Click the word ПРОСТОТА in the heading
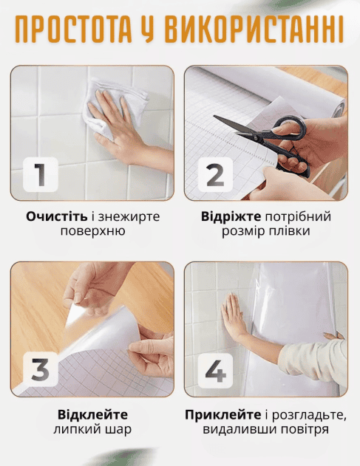(73, 29)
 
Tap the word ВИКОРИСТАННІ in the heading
(254, 29)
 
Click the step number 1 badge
(41, 174)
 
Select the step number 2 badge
(215, 174)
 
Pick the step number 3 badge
(41, 369)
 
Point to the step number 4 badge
(215, 370)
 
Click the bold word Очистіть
(56, 216)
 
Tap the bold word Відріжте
(231, 216)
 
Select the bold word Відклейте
(92, 414)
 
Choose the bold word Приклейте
(223, 414)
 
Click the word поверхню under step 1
(92, 231)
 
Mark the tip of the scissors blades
(214, 117)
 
